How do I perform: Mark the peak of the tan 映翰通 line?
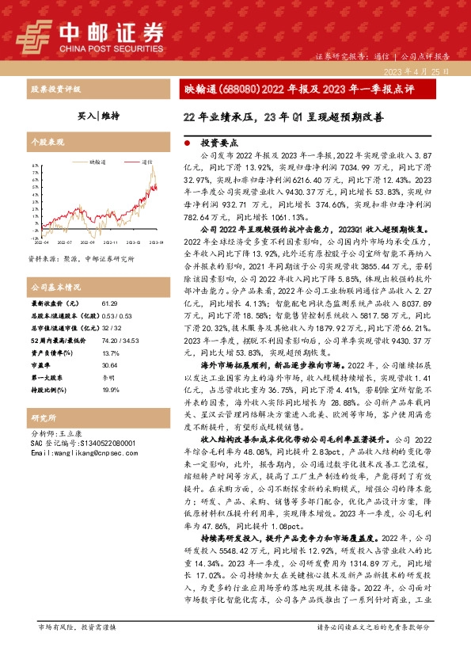pyautogui.click(x=154, y=168)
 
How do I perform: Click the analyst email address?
pyautogui.click(x=80, y=452)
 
